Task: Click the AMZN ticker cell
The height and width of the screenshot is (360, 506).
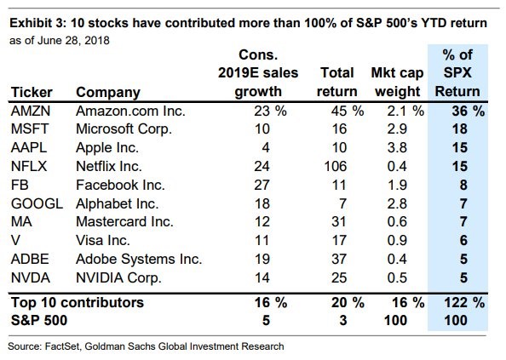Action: point(31,111)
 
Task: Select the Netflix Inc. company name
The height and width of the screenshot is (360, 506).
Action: point(109,167)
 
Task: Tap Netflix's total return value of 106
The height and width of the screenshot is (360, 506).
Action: point(336,167)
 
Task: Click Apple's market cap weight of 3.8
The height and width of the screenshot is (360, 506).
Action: point(397,148)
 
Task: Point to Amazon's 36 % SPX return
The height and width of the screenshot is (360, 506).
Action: point(469,111)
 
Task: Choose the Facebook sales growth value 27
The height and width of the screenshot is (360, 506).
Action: point(262,186)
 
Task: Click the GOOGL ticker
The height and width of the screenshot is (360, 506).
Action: point(37,203)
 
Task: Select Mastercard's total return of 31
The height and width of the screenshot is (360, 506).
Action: point(339,222)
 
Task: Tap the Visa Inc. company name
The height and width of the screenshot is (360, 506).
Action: point(102,241)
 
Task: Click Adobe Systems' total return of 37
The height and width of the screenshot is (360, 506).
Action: point(339,259)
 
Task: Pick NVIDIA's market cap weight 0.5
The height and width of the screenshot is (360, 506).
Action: point(397,277)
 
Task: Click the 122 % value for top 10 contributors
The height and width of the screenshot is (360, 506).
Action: point(464,303)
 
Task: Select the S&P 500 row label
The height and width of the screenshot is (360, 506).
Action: point(39,320)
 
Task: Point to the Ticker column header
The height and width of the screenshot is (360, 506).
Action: point(32,93)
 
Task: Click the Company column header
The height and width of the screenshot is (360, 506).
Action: point(108,93)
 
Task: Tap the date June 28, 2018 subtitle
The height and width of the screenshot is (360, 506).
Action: point(73,41)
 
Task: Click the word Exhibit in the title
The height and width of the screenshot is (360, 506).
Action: point(31,23)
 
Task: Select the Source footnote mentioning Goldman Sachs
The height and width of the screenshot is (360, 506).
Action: point(146,346)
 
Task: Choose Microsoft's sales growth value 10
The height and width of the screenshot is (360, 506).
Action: point(262,129)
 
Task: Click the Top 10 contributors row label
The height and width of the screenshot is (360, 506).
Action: point(78,303)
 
